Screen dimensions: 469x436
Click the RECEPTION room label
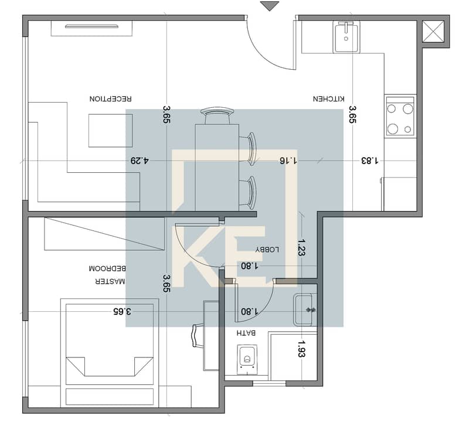pos(110,98)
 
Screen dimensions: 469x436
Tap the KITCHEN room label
pos(329,98)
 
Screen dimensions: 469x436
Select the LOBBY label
pos(267,250)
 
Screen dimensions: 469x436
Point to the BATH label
pos(246,333)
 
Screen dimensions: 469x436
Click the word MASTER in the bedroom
pos(110,281)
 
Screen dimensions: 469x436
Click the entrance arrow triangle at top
pos(270,6)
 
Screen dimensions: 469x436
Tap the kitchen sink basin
pos(346,37)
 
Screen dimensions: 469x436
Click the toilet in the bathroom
pos(247,359)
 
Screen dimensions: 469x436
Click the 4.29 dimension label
pos(140,161)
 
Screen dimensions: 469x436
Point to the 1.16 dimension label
pos(288,161)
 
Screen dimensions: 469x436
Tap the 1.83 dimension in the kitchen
pos(370,161)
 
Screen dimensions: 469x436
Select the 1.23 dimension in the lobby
pos(301,247)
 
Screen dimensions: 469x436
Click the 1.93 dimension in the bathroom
pos(301,349)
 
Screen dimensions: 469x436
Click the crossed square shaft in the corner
pos(433,32)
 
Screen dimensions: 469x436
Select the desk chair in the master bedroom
pos(197,336)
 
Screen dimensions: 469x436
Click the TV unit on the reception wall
pos(91,28)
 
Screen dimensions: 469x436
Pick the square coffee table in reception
pos(110,130)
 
